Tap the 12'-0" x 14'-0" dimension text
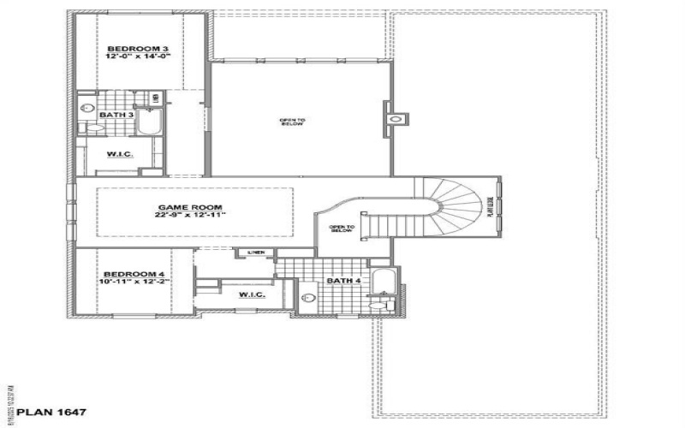coord(139,56)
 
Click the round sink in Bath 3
coord(86,109)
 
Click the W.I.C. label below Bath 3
coord(118,154)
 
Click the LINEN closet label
coord(255,253)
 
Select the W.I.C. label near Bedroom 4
coord(252,294)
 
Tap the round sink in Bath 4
coord(310,298)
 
